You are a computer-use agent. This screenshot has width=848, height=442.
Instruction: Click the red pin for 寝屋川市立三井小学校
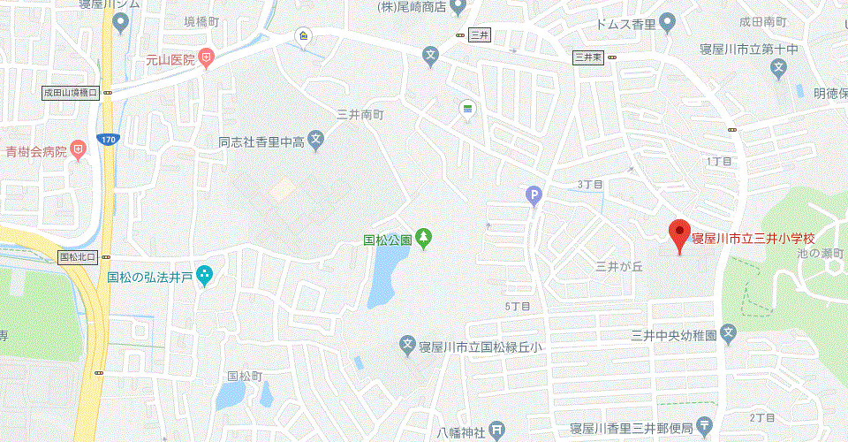coord(678,234)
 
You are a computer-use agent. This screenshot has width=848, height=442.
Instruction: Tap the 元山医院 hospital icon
coord(206,59)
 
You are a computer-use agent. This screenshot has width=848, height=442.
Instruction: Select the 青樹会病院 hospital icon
coord(79,150)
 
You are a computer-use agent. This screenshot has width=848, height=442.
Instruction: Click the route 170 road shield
coord(108,139)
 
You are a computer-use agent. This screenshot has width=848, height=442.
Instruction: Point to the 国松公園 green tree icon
coord(425,238)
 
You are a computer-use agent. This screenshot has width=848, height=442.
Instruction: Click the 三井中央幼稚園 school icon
coord(728,334)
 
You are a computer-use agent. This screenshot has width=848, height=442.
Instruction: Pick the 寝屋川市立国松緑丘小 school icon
coord(407,347)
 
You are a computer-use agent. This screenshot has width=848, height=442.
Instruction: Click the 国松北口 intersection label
coord(80,257)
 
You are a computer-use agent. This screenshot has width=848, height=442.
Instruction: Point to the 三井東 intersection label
coord(588,57)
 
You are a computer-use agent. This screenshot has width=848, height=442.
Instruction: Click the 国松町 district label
coord(245,376)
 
